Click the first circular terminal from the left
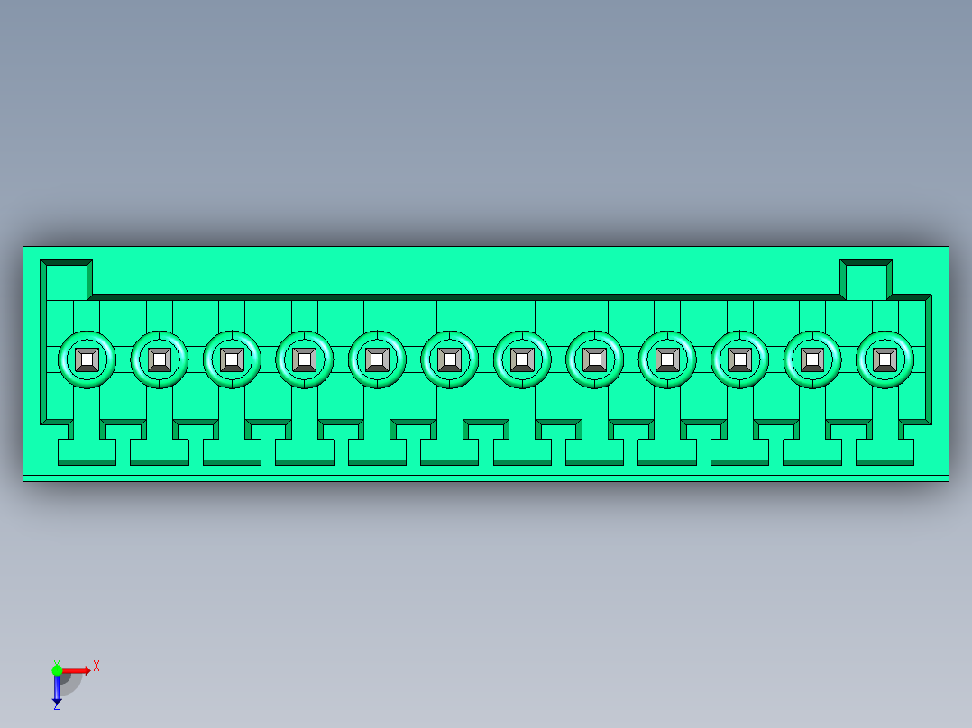(x=87, y=359)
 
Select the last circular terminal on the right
(x=885, y=359)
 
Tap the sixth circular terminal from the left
(x=449, y=359)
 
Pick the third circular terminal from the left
(x=232, y=359)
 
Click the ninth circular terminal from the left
(x=667, y=359)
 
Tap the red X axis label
(x=96, y=666)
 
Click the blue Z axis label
(x=56, y=706)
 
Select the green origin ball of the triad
(x=57, y=669)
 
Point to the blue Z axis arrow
(x=57, y=689)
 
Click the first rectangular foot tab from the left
(x=87, y=450)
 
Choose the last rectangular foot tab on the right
(x=885, y=450)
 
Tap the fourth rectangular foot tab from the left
(x=304, y=450)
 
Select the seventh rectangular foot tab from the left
(x=522, y=450)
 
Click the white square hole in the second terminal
(x=160, y=359)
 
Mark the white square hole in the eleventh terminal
(x=812, y=359)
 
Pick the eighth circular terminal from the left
(x=594, y=359)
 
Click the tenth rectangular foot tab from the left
(x=739, y=450)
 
